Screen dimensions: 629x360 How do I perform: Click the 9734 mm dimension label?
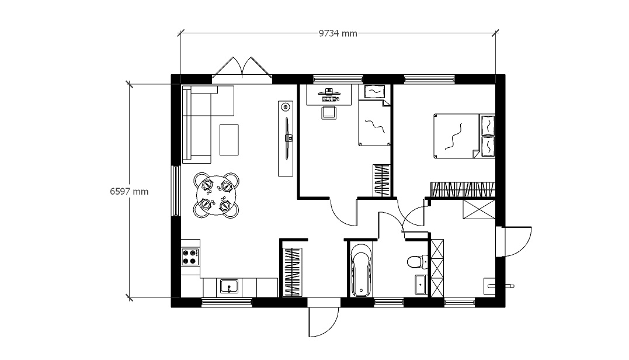click(x=338, y=33)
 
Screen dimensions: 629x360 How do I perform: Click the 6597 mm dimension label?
click(x=129, y=192)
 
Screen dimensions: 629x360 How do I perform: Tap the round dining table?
click(x=216, y=195)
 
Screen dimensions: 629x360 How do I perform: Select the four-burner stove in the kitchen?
click(x=190, y=257)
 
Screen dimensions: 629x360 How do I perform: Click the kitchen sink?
click(x=229, y=286)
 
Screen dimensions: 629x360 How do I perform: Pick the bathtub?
click(x=360, y=270)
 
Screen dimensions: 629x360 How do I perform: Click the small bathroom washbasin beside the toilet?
click(x=422, y=285)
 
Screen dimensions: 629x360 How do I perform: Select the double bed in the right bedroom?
click(x=464, y=136)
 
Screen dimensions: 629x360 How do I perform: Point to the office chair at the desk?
click(x=329, y=112)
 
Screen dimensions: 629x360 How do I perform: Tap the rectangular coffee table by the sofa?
click(x=229, y=140)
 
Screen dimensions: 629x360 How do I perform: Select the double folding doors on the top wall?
click(x=242, y=67)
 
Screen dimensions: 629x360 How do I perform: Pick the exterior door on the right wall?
click(x=516, y=241)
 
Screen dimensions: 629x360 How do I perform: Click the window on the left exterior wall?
click(x=176, y=191)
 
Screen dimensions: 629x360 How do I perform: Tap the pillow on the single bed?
click(x=375, y=92)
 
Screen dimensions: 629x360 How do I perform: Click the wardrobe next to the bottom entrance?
click(x=292, y=272)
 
